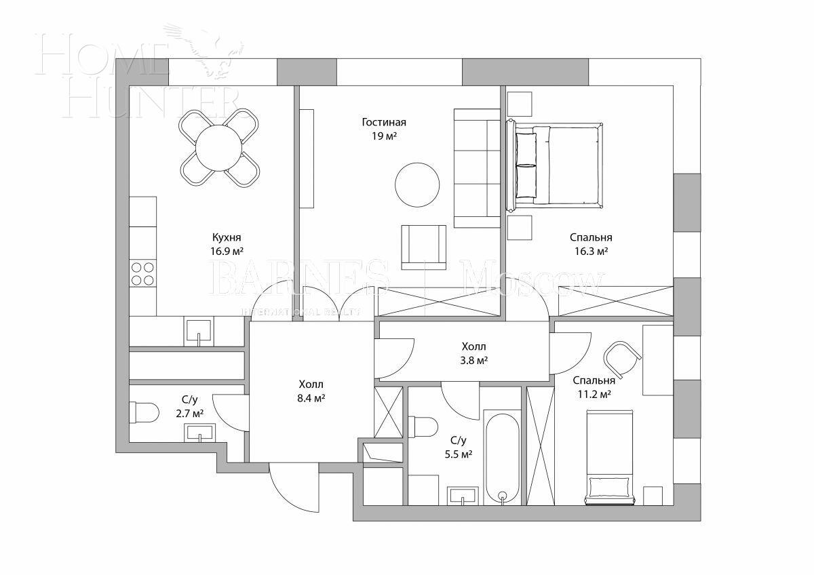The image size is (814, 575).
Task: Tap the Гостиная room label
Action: point(384,123)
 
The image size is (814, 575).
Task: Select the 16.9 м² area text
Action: point(227,251)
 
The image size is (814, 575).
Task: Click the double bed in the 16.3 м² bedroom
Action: point(555,163)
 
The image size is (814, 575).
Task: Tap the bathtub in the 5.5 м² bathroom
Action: point(502,456)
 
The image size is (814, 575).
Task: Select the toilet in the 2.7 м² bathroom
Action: point(144,412)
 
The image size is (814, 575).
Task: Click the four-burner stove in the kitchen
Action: point(142,273)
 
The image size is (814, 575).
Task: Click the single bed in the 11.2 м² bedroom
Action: point(610,458)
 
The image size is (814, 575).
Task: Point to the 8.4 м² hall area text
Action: point(311,398)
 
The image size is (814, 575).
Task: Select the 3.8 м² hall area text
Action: point(473,361)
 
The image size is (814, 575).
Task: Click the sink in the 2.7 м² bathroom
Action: point(199,432)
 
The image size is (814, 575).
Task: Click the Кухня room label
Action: point(227,237)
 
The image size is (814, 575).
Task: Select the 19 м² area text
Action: point(384,136)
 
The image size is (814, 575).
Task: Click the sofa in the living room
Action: point(477,168)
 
